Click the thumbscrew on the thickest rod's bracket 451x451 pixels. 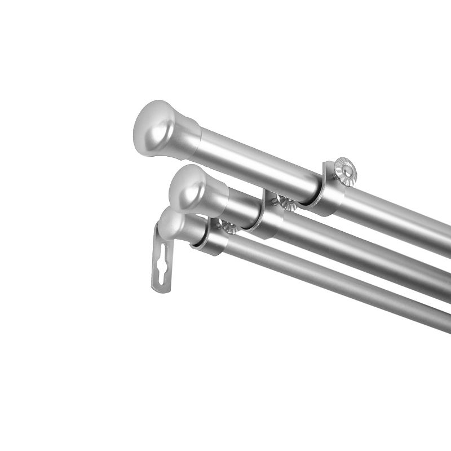click(344, 171)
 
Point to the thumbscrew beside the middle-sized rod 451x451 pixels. click(287, 203)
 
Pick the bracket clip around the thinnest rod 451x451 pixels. click(209, 242)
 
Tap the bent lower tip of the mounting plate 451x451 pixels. click(161, 288)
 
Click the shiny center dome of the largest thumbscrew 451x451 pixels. click(344, 170)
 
